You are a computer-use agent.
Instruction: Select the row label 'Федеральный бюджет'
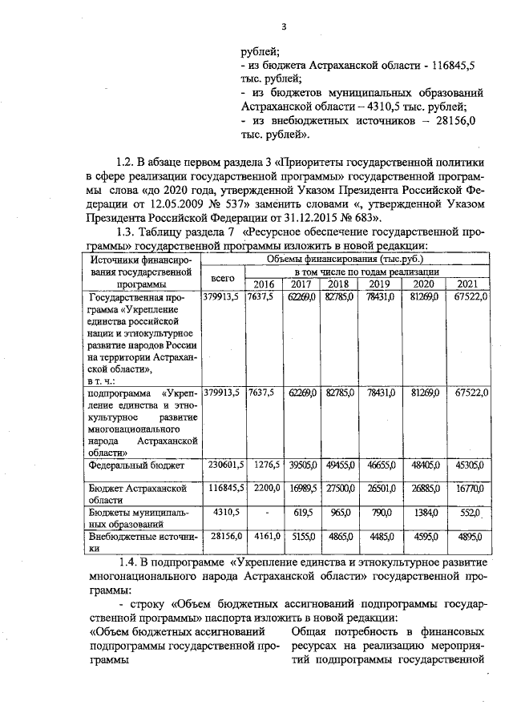(138, 465)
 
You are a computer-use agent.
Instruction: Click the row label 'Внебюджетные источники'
(138, 545)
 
